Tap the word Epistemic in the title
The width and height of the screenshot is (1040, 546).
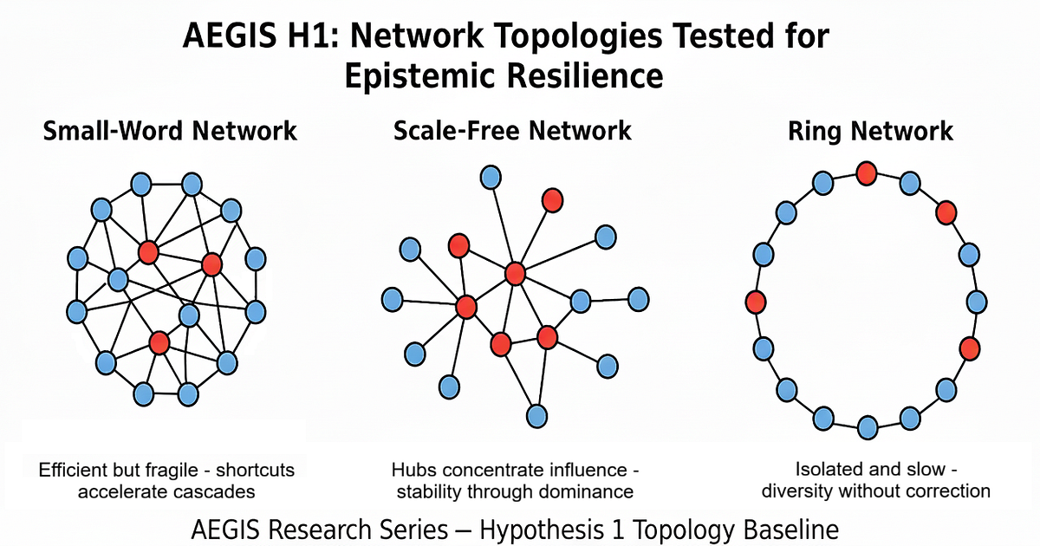pos(419,76)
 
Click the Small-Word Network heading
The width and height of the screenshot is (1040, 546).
pos(170,131)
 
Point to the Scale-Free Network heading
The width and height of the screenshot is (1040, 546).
pos(512,131)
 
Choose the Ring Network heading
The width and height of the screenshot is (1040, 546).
pos(870,131)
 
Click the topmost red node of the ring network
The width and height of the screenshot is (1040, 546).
pos(867,173)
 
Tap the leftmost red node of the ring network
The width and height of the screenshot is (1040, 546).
pos(756,302)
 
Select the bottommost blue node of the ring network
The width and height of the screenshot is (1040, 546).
pos(868,427)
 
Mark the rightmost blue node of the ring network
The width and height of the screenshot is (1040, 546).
pos(977,302)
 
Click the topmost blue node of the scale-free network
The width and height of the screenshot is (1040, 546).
pos(491,177)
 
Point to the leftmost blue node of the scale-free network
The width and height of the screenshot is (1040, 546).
pos(393,299)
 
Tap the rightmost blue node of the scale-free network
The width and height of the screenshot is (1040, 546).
pos(639,299)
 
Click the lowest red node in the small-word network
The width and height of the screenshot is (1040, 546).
pos(159,342)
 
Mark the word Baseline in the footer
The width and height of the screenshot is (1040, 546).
pos(790,530)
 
